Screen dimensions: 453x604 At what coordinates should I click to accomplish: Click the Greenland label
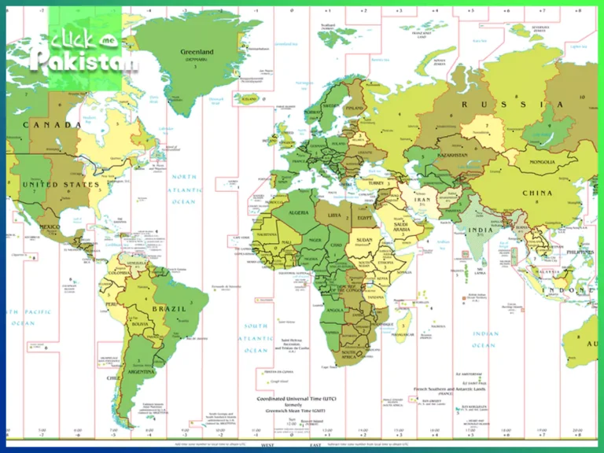197,53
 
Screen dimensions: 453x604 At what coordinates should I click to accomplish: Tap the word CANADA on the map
52,125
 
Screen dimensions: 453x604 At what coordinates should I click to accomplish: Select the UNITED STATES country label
61,185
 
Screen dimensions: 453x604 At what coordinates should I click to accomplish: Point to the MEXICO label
50,227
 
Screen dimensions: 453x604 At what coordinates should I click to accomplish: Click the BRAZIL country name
168,309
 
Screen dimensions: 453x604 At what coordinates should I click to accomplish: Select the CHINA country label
536,193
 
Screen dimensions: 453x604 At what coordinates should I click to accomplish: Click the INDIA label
481,231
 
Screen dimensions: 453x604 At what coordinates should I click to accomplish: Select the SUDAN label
364,241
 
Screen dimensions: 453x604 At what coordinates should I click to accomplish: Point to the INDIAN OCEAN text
484,339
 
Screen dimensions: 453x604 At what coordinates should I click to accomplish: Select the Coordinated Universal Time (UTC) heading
304,400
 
